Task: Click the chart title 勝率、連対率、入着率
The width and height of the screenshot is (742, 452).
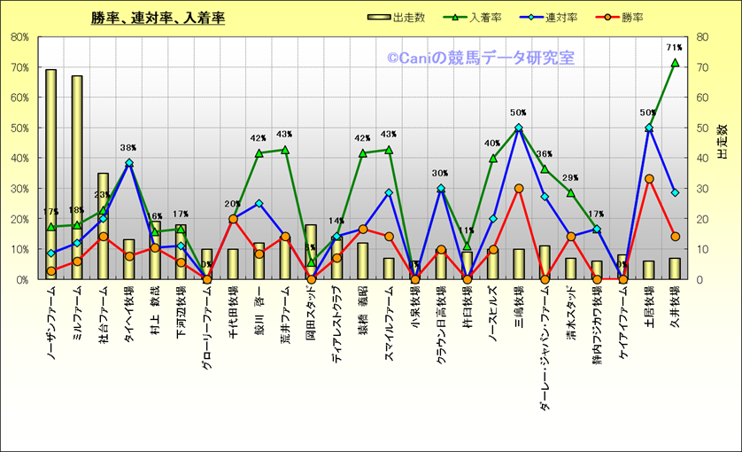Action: click(157, 18)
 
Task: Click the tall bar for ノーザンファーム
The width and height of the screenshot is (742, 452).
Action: click(51, 177)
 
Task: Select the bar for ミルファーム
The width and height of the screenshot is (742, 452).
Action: click(77, 177)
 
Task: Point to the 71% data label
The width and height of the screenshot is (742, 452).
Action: click(674, 47)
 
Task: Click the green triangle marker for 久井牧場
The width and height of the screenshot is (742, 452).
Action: click(675, 63)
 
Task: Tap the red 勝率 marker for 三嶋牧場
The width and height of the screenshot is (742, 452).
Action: click(519, 188)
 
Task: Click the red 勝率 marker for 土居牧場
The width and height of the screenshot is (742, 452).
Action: click(649, 178)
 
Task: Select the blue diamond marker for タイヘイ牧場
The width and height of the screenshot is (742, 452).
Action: click(129, 163)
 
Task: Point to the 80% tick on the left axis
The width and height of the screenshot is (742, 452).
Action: click(19, 38)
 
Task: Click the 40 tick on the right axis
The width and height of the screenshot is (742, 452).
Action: click(702, 159)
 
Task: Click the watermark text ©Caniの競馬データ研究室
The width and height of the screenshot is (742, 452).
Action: click(480, 58)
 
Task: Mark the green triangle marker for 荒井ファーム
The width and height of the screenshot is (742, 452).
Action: click(285, 150)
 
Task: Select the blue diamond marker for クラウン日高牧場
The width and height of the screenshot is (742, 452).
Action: click(441, 188)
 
